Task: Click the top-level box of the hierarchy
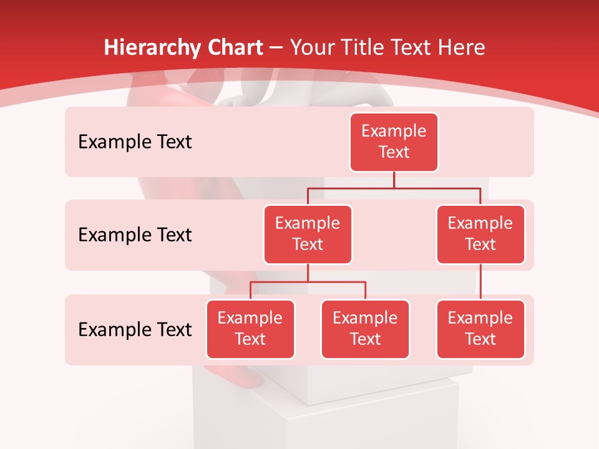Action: click(x=394, y=142)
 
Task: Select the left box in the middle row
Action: click(x=308, y=234)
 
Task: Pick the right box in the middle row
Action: click(x=480, y=234)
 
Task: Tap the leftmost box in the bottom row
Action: click(x=250, y=329)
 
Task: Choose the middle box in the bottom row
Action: click(x=365, y=329)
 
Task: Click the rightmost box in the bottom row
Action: click(x=480, y=329)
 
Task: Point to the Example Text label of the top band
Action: click(x=135, y=142)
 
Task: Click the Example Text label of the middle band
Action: click(x=135, y=235)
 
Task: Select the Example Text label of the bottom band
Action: click(x=135, y=329)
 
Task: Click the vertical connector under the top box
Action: click(x=394, y=180)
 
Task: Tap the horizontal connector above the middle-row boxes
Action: click(x=394, y=188)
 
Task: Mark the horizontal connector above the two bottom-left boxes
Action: click(x=308, y=282)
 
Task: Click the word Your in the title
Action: click(x=311, y=48)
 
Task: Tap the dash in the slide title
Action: click(x=276, y=48)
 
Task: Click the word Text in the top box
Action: click(x=394, y=152)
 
